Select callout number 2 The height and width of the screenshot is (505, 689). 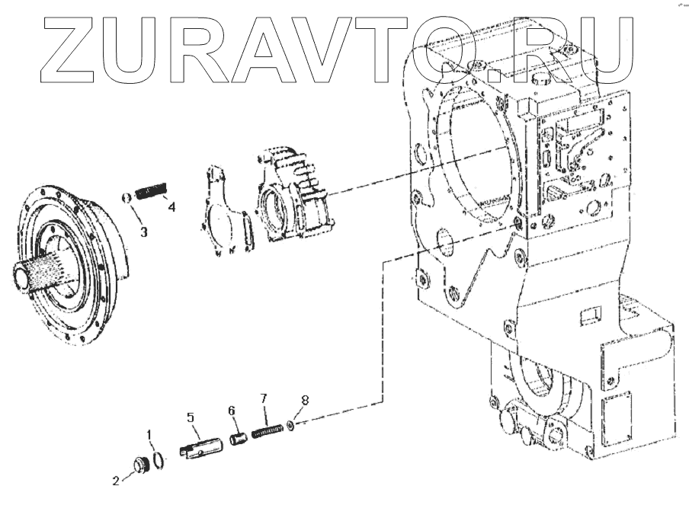point(115,481)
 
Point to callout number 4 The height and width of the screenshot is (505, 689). point(172,206)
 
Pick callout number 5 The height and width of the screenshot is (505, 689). point(191,417)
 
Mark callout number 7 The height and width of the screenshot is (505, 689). point(264,398)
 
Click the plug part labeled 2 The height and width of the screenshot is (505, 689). point(139,465)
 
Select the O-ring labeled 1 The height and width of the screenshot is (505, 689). point(159,459)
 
